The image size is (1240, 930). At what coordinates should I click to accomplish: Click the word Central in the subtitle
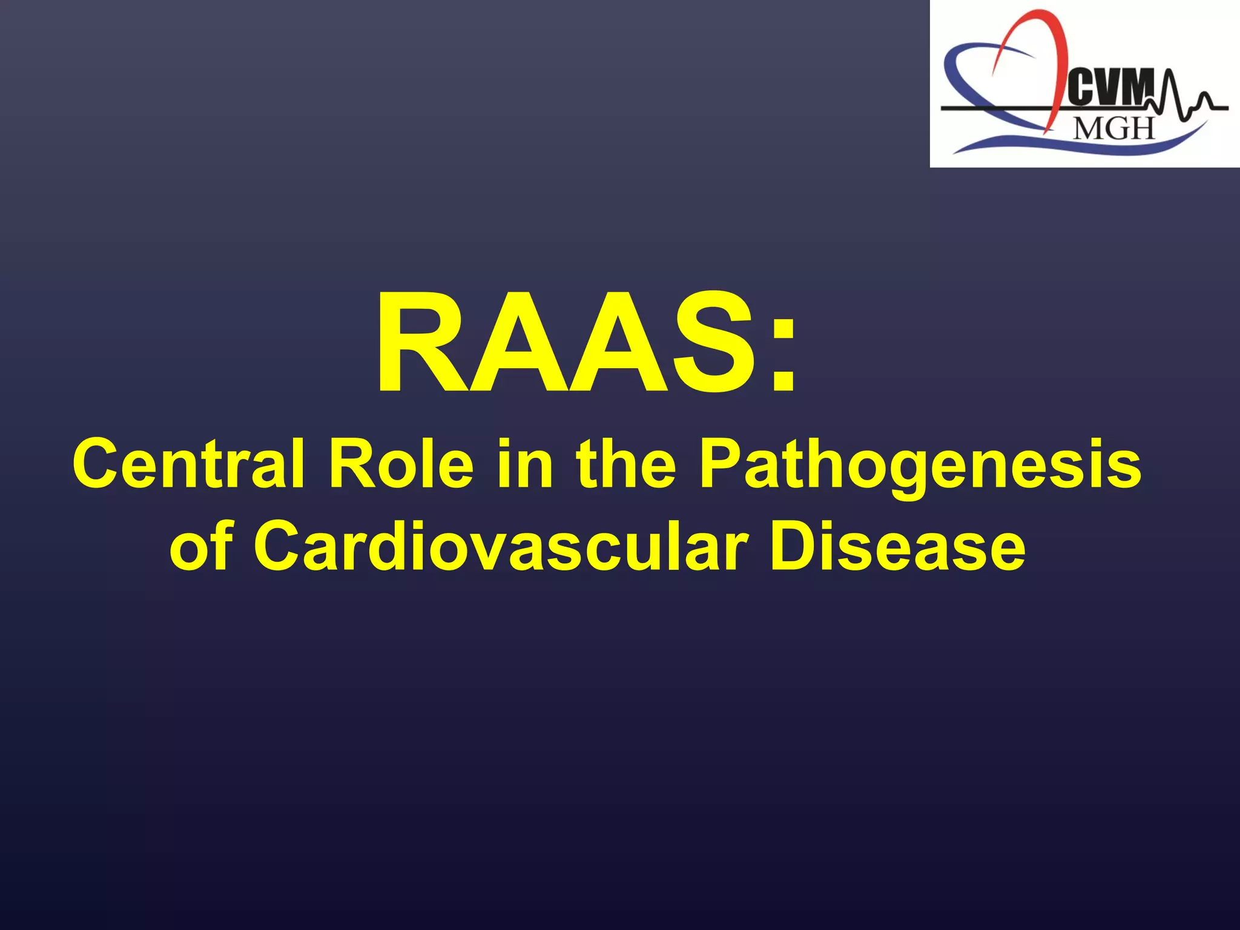pyautogui.click(x=188, y=465)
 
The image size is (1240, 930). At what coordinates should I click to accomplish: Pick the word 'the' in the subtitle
pyautogui.click(x=626, y=465)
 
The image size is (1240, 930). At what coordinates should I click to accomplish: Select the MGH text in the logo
pyautogui.click(x=1114, y=128)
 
